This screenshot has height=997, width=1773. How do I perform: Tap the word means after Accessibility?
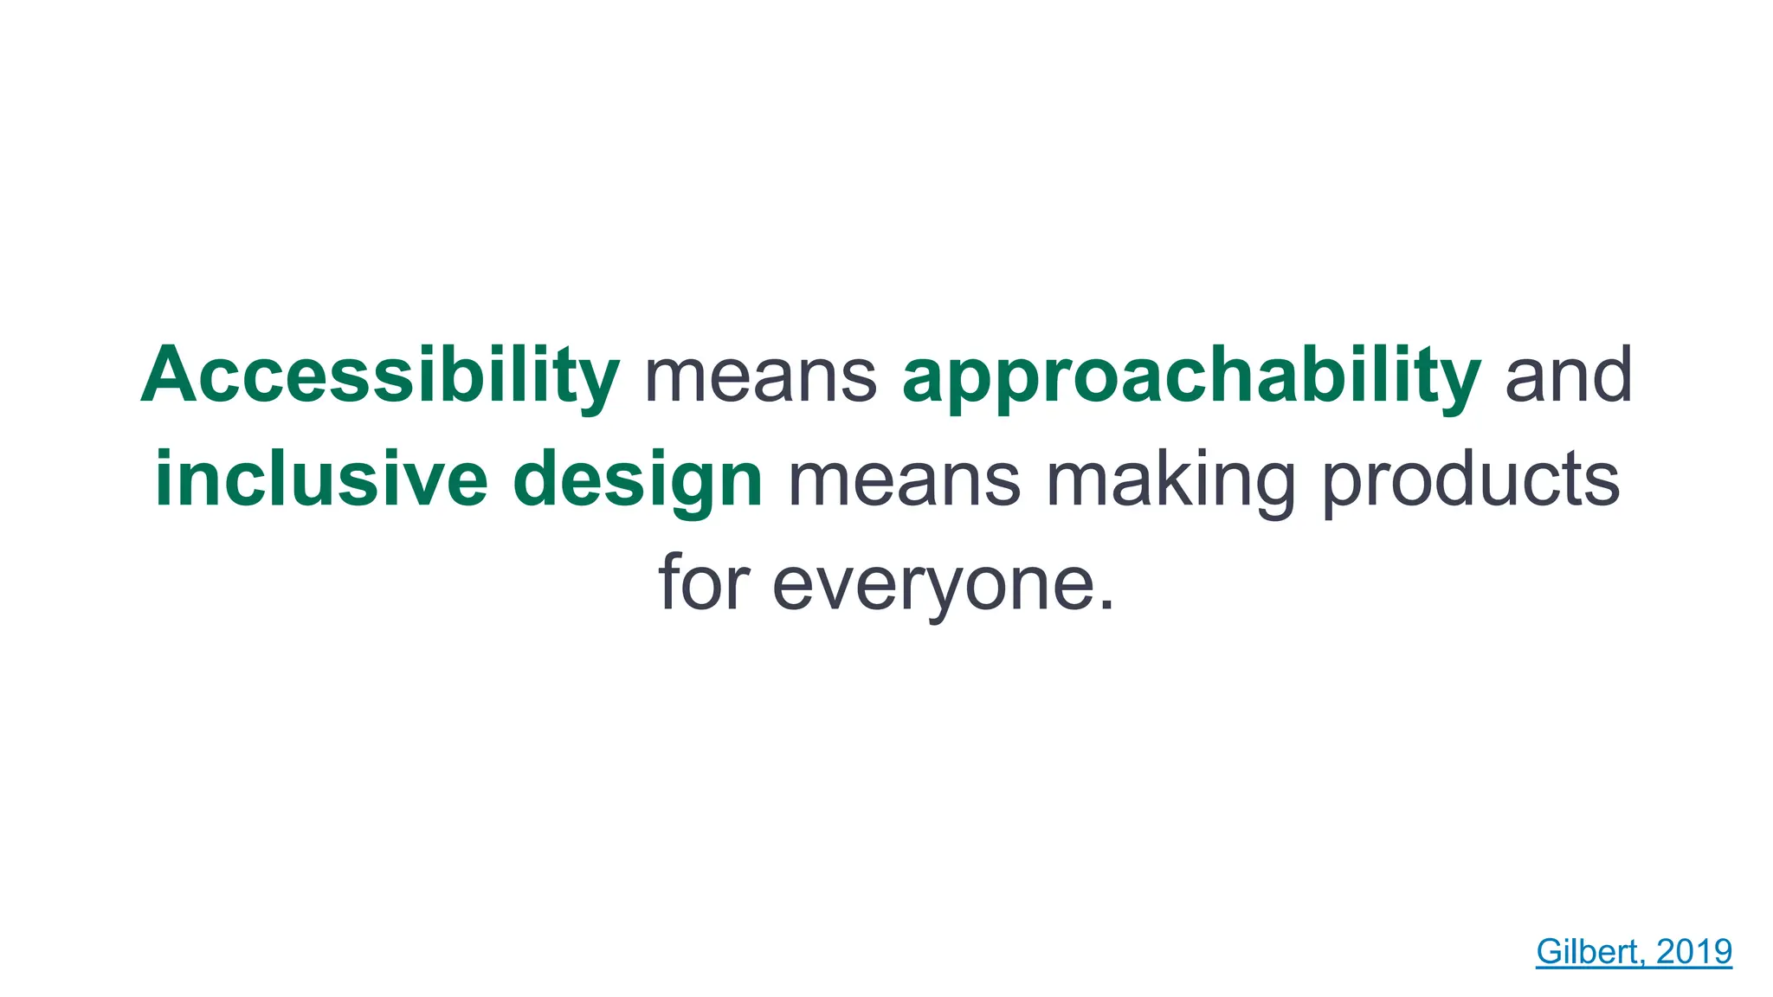(x=760, y=376)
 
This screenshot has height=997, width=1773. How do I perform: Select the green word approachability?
(x=1191, y=376)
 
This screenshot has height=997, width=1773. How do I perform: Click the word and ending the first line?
(x=1569, y=376)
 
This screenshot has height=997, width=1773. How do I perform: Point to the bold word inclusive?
(x=320, y=479)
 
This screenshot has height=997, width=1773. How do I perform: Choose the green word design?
(x=637, y=479)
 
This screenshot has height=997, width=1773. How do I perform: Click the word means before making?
(x=903, y=479)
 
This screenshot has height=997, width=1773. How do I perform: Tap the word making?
(x=1170, y=479)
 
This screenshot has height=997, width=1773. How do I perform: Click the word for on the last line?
(x=703, y=583)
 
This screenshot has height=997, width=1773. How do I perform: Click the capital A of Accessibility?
(x=170, y=376)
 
